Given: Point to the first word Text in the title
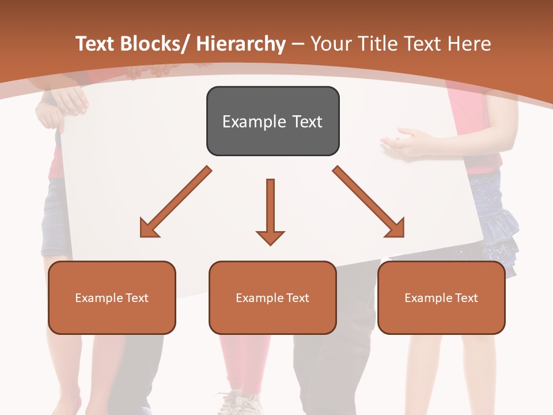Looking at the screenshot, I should click(x=97, y=44).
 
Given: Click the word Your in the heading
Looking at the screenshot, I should click(x=331, y=44).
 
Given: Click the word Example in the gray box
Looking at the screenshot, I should click(x=247, y=122).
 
